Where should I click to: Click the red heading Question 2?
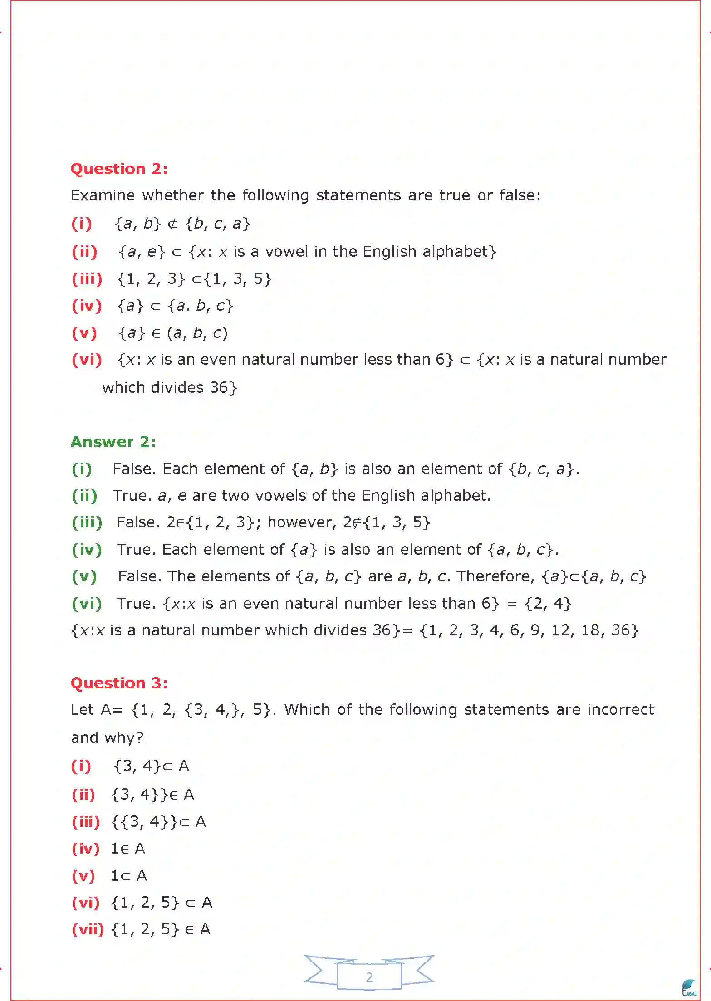point(119,169)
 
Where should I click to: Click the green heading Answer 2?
point(113,442)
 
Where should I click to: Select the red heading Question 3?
point(119,683)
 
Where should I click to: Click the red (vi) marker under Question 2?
point(87,360)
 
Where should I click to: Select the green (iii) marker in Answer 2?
point(87,522)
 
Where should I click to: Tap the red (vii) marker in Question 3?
point(88,929)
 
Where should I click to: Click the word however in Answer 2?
point(302,522)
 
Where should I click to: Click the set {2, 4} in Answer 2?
point(548,604)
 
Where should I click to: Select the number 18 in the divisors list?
point(590,630)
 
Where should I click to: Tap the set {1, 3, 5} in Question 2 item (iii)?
point(238,279)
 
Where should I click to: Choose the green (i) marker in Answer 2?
point(82,469)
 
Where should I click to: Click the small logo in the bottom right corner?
point(689,988)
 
